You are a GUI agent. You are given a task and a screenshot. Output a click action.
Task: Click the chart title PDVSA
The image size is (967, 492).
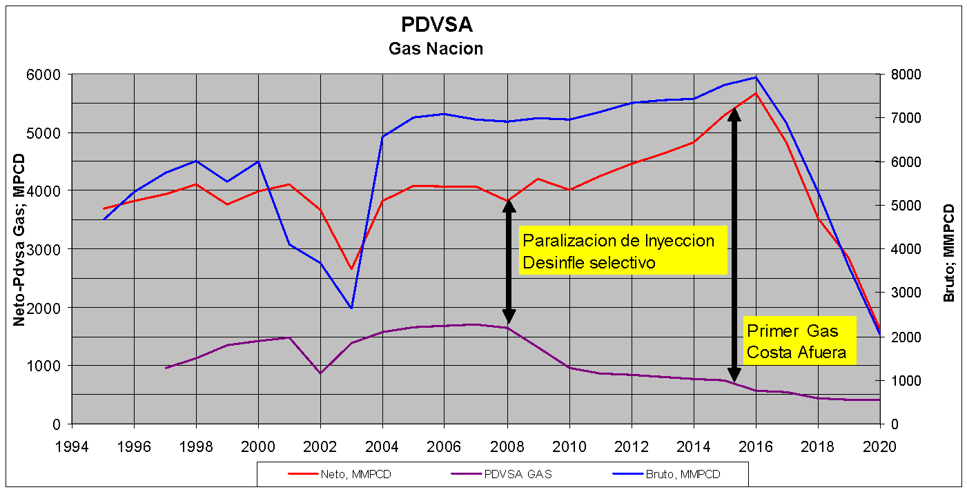[437, 25]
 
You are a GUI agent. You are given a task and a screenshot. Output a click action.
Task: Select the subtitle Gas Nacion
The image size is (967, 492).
[436, 49]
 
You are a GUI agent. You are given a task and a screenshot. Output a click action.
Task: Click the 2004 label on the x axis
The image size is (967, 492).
[382, 446]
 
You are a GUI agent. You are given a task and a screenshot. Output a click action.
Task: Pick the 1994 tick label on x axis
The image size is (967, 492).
[72, 446]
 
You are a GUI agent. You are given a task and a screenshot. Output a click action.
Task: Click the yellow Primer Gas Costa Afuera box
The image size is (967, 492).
[799, 340]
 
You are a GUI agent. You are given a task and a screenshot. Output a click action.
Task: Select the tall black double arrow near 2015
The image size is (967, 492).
[734, 245]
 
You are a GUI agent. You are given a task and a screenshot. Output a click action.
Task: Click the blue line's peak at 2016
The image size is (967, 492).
[756, 77]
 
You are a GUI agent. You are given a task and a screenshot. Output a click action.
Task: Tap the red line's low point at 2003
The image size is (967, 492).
[351, 269]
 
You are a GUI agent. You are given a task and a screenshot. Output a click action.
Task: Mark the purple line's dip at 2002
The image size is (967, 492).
[320, 373]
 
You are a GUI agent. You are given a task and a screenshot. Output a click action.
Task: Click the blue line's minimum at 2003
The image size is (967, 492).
[351, 308]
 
